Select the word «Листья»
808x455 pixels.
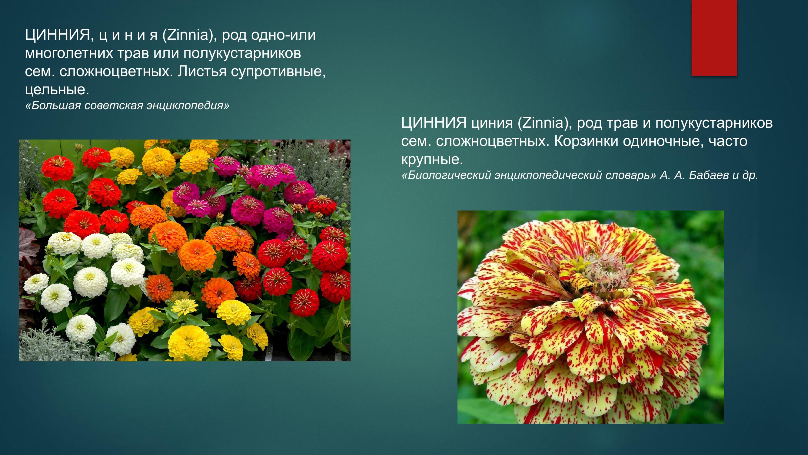[202, 72]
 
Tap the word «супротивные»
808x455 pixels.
[278, 72]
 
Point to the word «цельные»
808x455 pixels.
[57, 90]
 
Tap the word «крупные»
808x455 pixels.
[432, 160]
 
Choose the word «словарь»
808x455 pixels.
[630, 175]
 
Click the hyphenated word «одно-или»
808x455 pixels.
[283, 35]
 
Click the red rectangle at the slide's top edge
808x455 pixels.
[714, 38]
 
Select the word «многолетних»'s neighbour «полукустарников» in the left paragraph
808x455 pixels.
[242, 53]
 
